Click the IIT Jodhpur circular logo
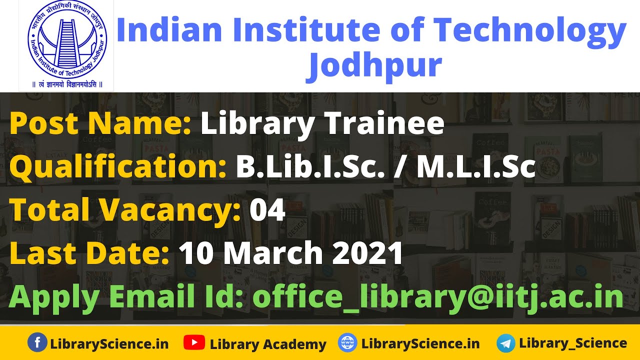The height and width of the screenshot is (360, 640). click(66, 40)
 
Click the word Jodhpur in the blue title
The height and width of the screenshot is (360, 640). click(374, 65)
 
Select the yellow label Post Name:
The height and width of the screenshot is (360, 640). click(100, 123)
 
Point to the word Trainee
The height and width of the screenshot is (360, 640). click(385, 123)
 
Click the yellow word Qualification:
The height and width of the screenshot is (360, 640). click(118, 167)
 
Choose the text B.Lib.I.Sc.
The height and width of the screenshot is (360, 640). click(310, 167)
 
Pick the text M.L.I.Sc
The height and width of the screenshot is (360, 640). click(476, 167)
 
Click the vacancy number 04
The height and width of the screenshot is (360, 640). click(267, 210)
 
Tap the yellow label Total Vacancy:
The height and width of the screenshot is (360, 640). click(125, 210)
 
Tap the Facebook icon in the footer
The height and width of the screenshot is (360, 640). click(37, 343)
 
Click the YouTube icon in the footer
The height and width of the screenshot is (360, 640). click(193, 343)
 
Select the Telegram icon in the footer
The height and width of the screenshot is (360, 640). click(506, 343)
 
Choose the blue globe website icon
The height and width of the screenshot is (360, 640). click(347, 343)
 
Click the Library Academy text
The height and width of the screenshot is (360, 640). click(267, 344)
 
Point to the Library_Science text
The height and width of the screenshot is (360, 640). click(573, 343)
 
